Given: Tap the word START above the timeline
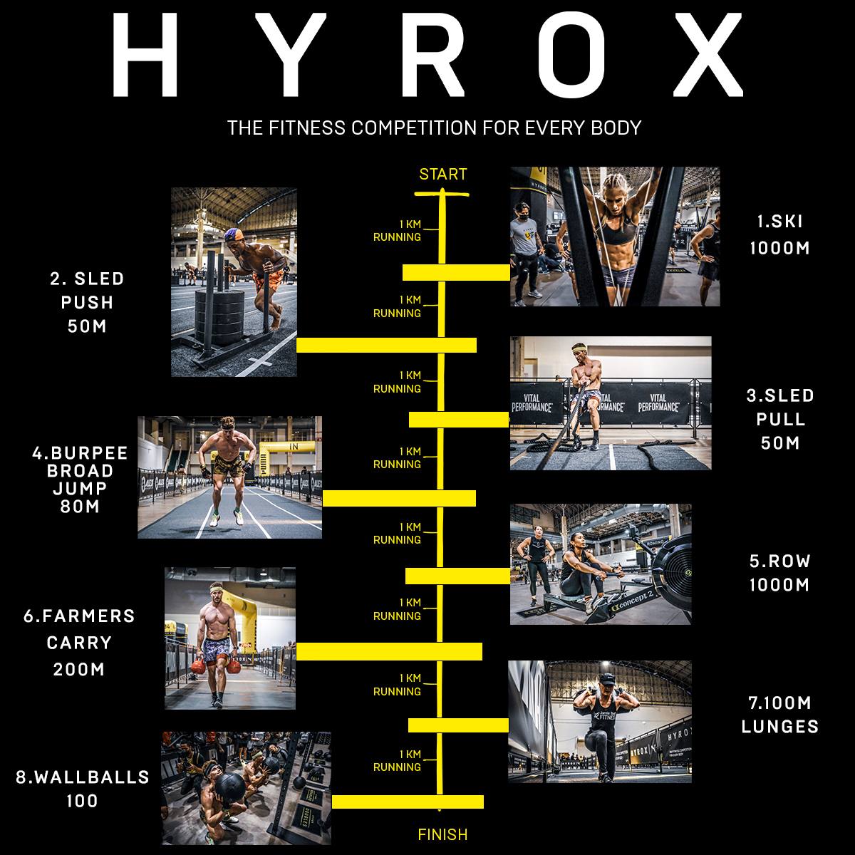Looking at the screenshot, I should click(x=442, y=175).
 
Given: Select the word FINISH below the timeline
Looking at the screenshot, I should click(x=442, y=834).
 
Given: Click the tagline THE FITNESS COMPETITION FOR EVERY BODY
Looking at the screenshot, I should click(x=434, y=128).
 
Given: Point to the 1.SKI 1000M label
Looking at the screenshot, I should click(x=779, y=234).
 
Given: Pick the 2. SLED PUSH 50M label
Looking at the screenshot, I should click(x=87, y=302).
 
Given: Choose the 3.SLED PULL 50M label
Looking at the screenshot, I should click(x=780, y=419).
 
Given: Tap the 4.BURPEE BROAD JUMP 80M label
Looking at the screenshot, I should click(x=80, y=480).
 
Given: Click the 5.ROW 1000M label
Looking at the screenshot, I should click(x=779, y=573).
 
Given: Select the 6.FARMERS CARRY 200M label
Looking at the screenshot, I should click(x=79, y=642).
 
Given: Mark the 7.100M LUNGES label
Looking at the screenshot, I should click(x=779, y=715).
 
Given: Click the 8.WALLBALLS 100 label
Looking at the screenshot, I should click(x=83, y=788).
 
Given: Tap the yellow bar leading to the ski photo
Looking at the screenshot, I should click(x=456, y=272).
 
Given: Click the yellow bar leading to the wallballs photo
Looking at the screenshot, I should click(x=408, y=802).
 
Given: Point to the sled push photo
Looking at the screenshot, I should click(x=234, y=282).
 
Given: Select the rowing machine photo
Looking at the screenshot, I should click(x=601, y=564).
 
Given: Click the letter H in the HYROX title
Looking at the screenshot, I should click(x=145, y=55).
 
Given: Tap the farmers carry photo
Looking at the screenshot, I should click(x=230, y=638).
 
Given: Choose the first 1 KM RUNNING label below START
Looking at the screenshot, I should click(x=398, y=231).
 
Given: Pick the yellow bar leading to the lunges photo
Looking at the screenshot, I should click(x=458, y=725).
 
